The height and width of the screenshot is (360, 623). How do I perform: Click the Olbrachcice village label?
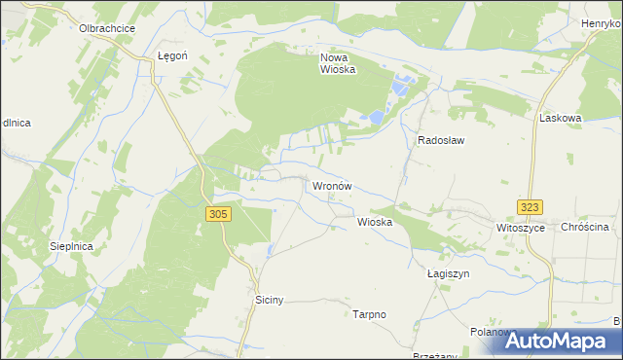click(x=107, y=28)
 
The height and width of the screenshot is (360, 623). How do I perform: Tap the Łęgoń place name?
click(x=172, y=56)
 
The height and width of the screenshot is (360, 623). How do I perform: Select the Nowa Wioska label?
click(x=338, y=63)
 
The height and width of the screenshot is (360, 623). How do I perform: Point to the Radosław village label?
click(x=441, y=140)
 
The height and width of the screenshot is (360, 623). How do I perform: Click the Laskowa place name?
click(x=560, y=118)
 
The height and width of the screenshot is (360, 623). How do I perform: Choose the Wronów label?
click(x=330, y=185)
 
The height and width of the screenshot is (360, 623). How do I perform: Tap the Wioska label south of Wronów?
click(x=375, y=222)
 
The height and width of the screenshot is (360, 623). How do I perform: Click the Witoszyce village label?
click(x=519, y=227)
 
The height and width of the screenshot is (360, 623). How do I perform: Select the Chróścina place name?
click(x=584, y=227)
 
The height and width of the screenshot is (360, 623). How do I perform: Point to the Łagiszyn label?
click(x=448, y=274)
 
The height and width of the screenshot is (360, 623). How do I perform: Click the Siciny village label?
click(x=269, y=301)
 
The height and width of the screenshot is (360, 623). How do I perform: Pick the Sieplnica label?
click(x=71, y=247)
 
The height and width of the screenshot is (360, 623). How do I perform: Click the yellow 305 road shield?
click(x=218, y=213)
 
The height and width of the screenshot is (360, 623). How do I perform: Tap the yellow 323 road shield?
click(x=530, y=207)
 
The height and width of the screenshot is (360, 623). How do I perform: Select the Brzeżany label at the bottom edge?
click(x=434, y=355)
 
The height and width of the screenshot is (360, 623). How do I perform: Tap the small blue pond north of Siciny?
click(x=270, y=252)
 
